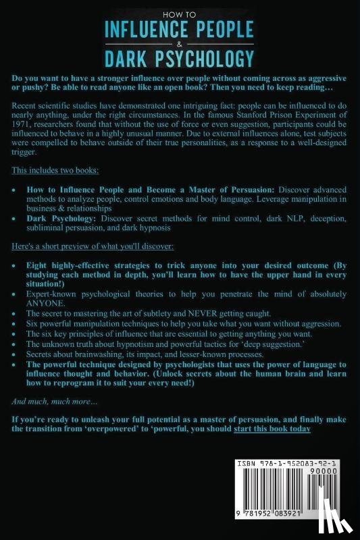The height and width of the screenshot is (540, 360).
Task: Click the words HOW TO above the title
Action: coord(180,11)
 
